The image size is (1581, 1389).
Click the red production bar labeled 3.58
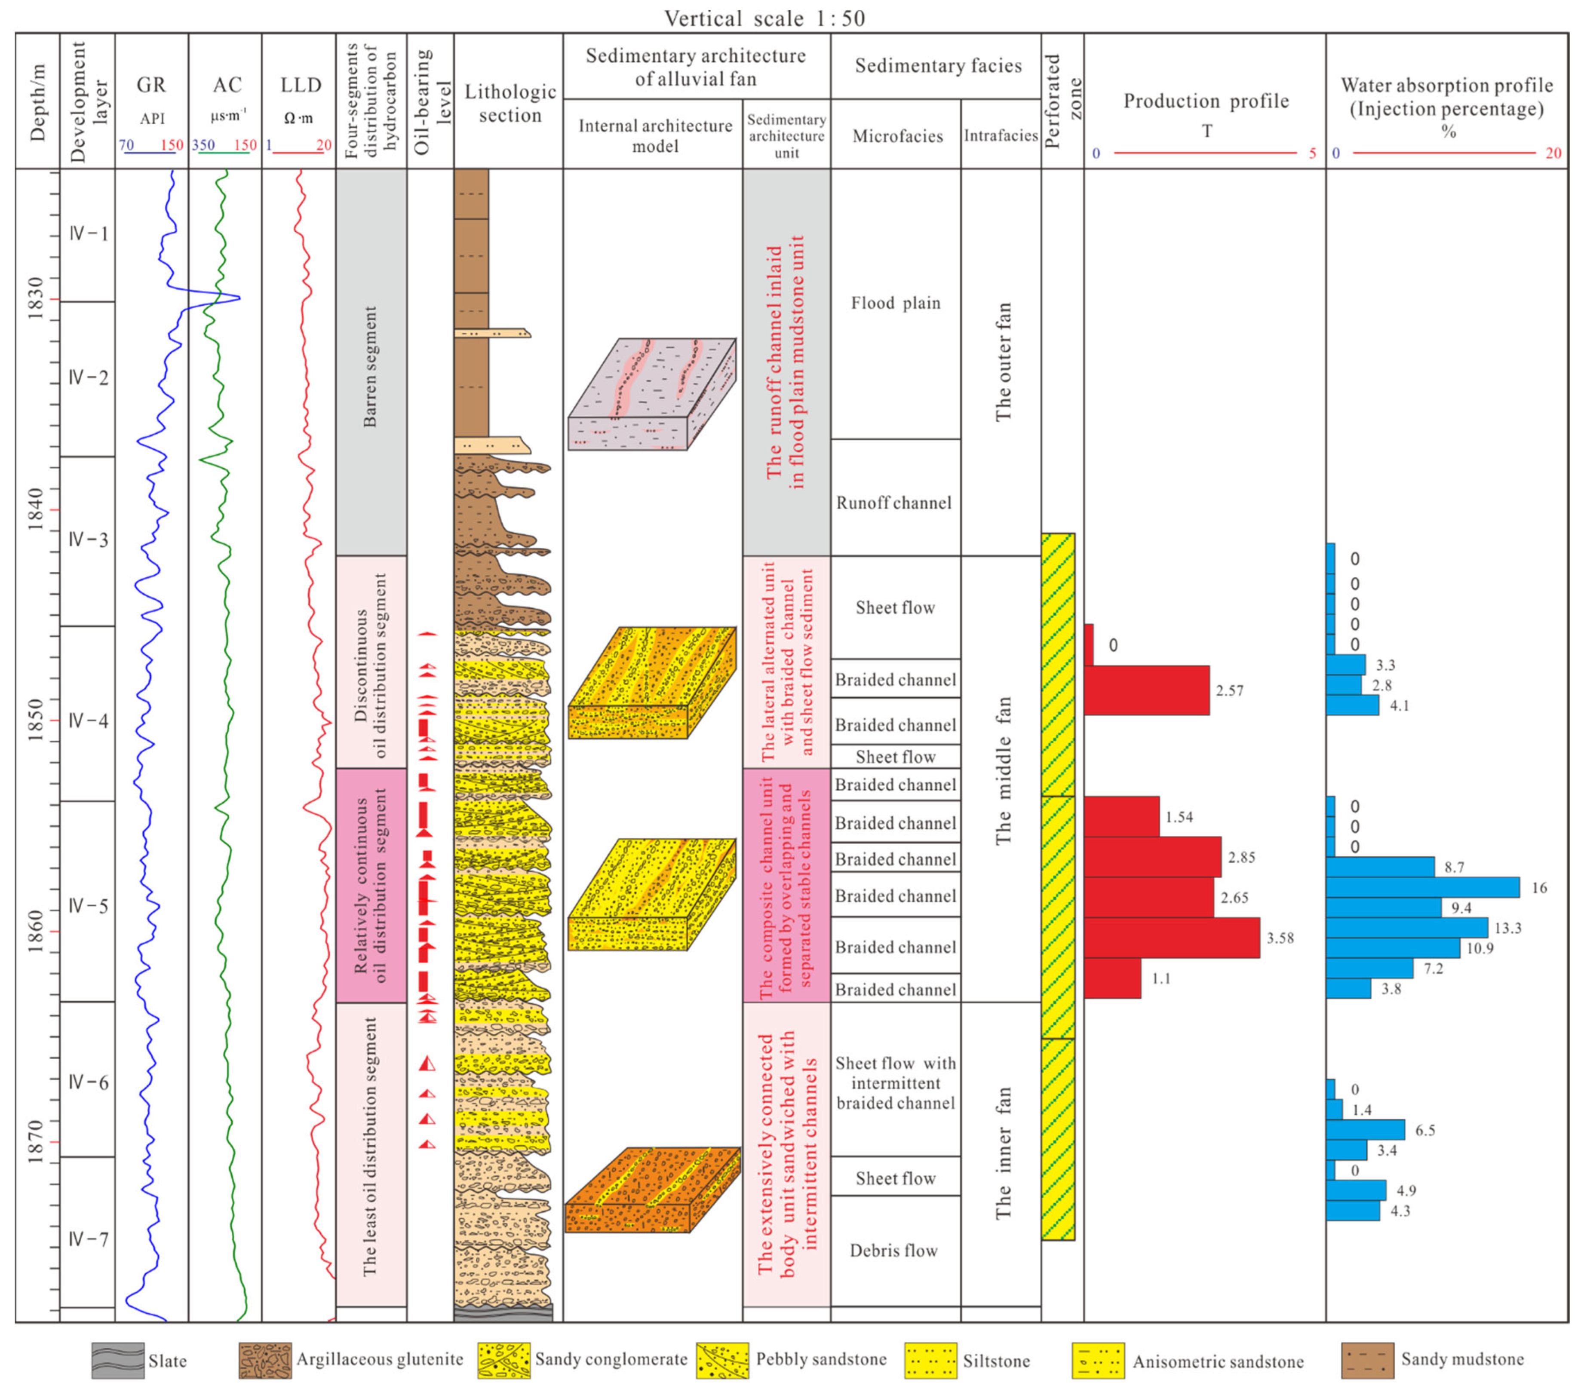[1171, 937]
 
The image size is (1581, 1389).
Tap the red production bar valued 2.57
[1146, 690]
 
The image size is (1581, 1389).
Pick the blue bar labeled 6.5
[1365, 1130]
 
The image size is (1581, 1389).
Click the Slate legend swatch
[117, 1360]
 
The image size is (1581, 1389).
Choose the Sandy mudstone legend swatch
[1367, 1360]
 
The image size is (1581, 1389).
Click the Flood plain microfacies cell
[896, 303]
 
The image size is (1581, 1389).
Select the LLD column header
[300, 85]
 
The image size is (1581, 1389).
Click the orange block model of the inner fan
[652, 1190]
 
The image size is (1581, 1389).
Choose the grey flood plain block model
[651, 394]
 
